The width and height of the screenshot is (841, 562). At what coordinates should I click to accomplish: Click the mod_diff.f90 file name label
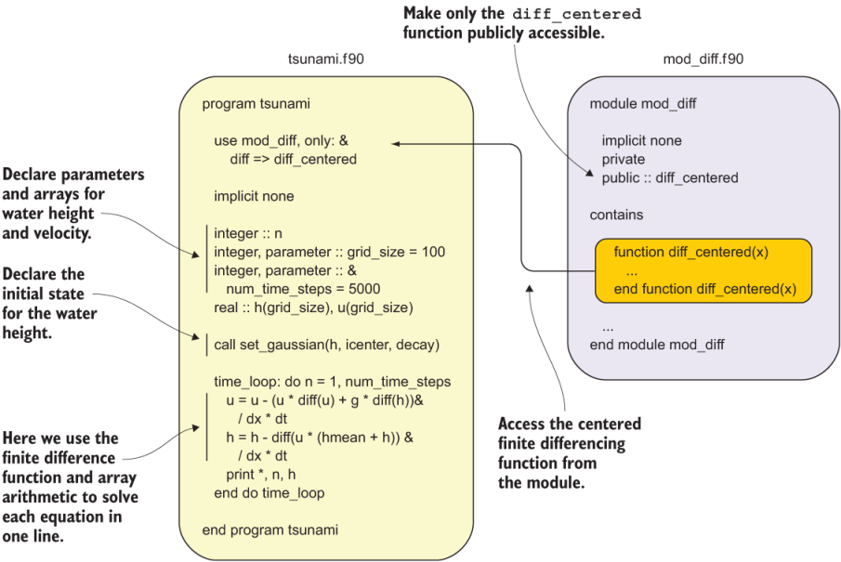click(703, 59)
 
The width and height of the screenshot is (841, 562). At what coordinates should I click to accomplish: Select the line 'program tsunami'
click(256, 104)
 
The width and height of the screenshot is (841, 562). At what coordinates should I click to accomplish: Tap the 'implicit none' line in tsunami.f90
click(254, 196)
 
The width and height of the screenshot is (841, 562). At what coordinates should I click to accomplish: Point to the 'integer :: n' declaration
click(248, 233)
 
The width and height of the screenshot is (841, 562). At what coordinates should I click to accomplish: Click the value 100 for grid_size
click(433, 252)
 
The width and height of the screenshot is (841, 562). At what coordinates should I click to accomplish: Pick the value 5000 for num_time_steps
click(364, 289)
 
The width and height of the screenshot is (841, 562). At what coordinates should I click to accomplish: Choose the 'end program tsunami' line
click(269, 530)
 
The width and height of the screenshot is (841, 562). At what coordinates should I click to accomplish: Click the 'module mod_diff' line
click(643, 104)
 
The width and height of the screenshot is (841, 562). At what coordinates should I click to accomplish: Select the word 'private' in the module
click(624, 160)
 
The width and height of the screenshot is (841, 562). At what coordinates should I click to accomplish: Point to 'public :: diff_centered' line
click(670, 177)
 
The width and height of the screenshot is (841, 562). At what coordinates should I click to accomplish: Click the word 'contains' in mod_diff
click(616, 215)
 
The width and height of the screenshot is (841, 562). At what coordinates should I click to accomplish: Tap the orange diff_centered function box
click(703, 270)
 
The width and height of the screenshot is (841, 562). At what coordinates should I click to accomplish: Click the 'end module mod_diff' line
click(657, 345)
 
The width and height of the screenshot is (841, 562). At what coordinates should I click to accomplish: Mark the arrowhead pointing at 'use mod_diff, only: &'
click(394, 144)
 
